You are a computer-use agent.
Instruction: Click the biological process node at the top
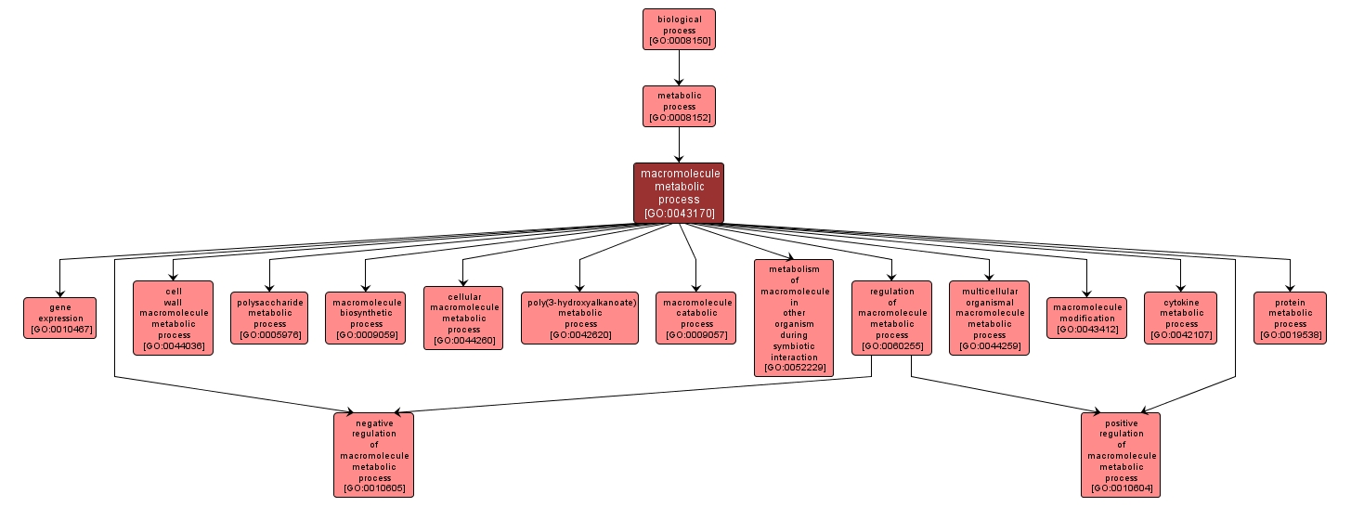point(679,29)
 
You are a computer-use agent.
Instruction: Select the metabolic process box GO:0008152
point(679,106)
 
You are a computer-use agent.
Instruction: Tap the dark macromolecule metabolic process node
point(679,193)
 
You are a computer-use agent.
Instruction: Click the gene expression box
point(60,318)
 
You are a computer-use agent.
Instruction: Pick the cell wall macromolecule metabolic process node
point(173,318)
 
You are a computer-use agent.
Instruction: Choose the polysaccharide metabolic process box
point(269,318)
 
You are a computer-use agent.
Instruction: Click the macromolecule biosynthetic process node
point(366,318)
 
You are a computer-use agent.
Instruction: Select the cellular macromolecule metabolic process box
point(463,318)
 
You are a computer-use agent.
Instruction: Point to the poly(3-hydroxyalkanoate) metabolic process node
point(580,318)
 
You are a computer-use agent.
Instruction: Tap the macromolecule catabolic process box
point(696,318)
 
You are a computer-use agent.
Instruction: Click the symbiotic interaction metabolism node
point(794,318)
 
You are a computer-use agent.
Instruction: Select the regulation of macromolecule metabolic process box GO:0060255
point(891,318)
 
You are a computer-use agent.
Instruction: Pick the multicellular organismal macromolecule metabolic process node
point(989,318)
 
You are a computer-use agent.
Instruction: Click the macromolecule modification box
point(1086,318)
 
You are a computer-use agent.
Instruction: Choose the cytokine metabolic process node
point(1181,318)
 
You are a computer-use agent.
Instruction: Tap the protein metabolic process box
point(1290,318)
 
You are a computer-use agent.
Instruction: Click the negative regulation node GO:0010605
point(373,455)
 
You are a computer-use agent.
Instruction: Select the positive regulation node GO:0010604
point(1121,455)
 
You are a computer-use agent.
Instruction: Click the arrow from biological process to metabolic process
point(679,67)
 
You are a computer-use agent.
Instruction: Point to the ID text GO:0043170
point(679,214)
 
